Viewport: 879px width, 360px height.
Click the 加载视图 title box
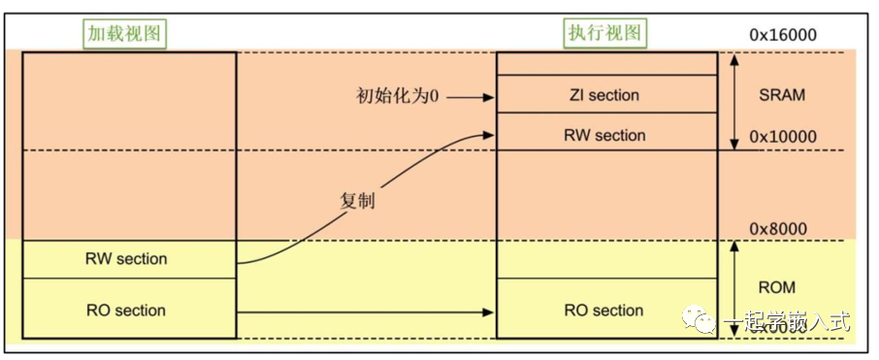tap(123, 33)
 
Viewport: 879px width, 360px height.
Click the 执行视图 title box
tap(606, 33)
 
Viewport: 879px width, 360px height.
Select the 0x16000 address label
tap(782, 35)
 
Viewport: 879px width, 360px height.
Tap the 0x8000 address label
tap(778, 228)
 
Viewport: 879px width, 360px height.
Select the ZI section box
tap(604, 95)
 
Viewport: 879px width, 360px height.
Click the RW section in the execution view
tap(604, 135)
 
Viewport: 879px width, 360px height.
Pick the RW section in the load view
tap(127, 259)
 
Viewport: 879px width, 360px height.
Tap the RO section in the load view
tap(127, 311)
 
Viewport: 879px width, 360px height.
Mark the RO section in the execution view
tap(604, 311)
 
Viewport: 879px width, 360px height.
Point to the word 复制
tap(357, 203)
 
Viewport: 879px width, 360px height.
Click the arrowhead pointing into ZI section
tap(489, 97)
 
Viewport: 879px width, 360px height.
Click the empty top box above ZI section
tap(604, 63)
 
